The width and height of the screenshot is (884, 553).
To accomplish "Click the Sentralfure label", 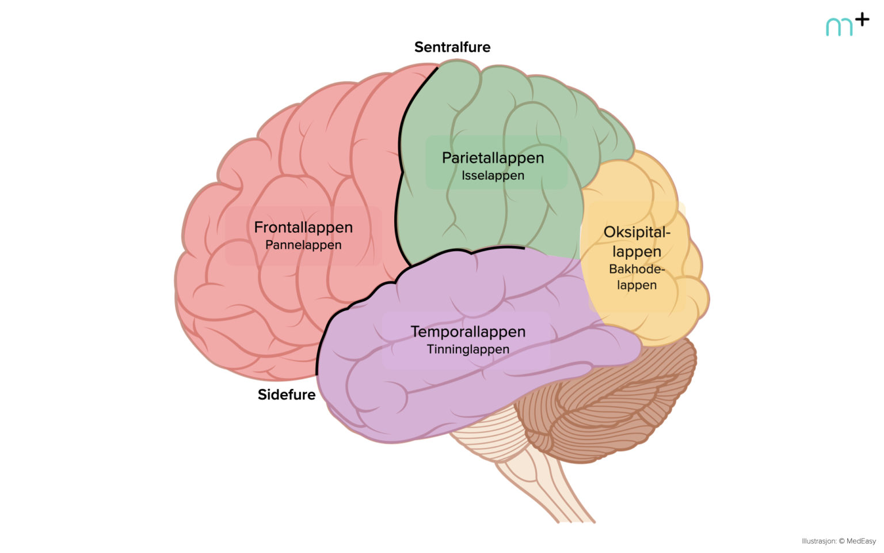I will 452,47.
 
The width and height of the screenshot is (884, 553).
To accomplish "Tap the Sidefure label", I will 287,395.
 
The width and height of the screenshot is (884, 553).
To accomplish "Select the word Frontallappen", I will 303,228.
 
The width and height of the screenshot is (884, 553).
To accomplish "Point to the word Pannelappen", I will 303,245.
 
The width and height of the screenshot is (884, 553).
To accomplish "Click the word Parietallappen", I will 493,158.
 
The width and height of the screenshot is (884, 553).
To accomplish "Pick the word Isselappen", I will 493,175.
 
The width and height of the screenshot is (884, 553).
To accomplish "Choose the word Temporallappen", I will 468,332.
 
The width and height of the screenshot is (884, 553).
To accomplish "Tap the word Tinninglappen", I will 468,349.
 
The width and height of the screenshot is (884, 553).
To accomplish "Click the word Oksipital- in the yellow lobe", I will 637,232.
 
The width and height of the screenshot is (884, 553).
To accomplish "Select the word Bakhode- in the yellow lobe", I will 637,269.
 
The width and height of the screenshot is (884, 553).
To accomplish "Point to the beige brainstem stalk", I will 541,472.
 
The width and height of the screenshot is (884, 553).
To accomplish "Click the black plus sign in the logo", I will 862,20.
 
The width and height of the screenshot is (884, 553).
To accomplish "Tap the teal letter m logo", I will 839,27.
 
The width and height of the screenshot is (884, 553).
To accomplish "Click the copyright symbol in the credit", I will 841,541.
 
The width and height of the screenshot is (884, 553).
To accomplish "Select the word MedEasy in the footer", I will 861,541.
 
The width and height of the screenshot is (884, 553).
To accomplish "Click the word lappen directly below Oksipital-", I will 637,252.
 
